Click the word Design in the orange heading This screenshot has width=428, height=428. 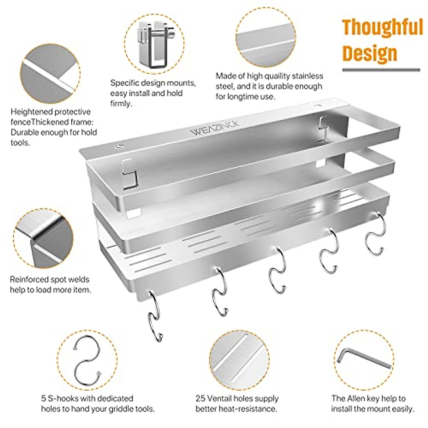[370, 53]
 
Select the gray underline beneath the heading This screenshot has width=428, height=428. [381, 70]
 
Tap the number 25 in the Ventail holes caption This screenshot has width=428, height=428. [200, 398]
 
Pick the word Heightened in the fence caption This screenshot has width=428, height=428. [32, 112]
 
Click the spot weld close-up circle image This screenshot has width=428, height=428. [43, 238]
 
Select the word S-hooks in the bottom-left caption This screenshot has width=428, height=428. [63, 398]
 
